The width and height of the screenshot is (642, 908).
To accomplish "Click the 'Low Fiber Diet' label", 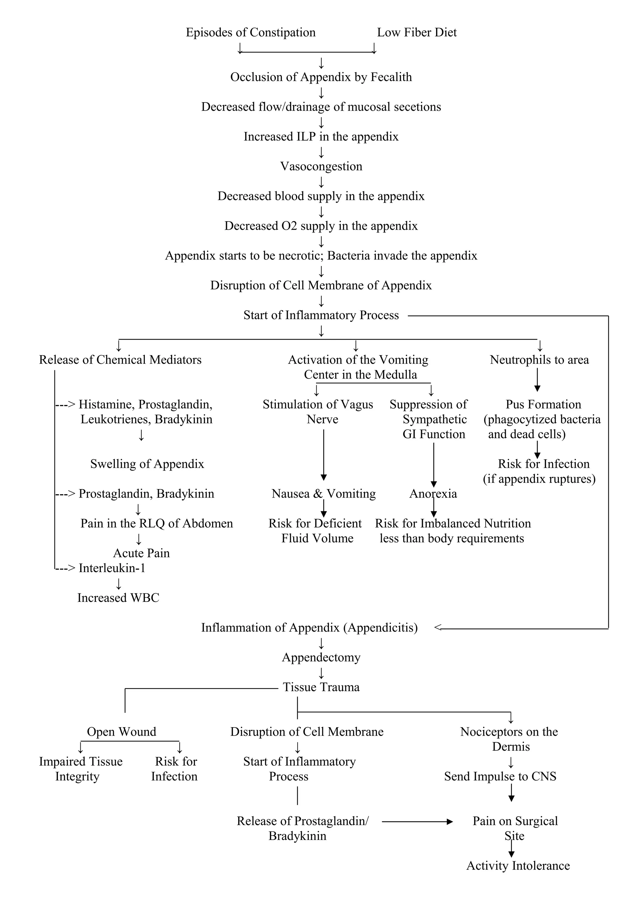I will click(417, 33).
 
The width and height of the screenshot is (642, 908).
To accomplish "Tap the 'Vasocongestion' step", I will click(321, 166).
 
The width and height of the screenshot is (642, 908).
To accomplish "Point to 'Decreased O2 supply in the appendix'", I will click(321, 226).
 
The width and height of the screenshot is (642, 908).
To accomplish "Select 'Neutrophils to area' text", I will click(539, 360).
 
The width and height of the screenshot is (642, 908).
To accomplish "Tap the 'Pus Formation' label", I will click(543, 404).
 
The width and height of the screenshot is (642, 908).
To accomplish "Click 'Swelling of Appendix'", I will click(147, 464).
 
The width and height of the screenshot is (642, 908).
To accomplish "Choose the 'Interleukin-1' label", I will click(112, 568).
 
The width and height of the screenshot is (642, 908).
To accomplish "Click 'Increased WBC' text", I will click(118, 598).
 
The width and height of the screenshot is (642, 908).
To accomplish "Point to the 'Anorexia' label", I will click(433, 494).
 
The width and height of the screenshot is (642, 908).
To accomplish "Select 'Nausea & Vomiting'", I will click(324, 494).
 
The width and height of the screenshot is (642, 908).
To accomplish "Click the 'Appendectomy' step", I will click(321, 658).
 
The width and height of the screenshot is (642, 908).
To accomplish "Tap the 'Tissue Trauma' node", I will click(321, 687).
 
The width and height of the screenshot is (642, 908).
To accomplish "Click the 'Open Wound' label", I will click(121, 732).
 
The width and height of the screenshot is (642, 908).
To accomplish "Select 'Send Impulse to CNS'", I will click(500, 777).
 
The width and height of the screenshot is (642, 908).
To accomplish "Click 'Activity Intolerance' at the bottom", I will click(518, 866).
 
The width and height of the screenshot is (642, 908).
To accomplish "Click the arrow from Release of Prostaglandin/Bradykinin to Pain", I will click(417, 822).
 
